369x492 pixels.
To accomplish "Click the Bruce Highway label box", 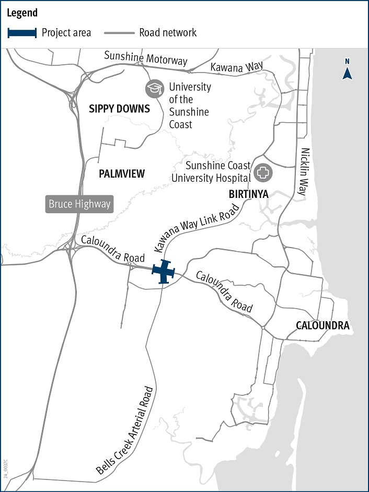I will [x=79, y=204].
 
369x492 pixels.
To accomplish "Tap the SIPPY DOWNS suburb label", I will [x=119, y=109].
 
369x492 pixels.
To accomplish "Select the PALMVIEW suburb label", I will [x=122, y=174].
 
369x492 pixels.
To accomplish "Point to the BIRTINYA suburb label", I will [x=248, y=194].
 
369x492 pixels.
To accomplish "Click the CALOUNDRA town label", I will [x=322, y=325].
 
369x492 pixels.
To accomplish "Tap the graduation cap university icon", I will [x=154, y=89].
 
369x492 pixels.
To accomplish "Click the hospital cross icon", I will [x=262, y=172].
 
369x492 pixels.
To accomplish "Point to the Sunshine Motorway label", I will [x=145, y=57].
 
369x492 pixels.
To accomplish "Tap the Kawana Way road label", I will [x=236, y=66].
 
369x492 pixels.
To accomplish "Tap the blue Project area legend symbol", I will [x=22, y=33].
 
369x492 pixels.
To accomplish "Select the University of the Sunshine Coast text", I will [x=189, y=106].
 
